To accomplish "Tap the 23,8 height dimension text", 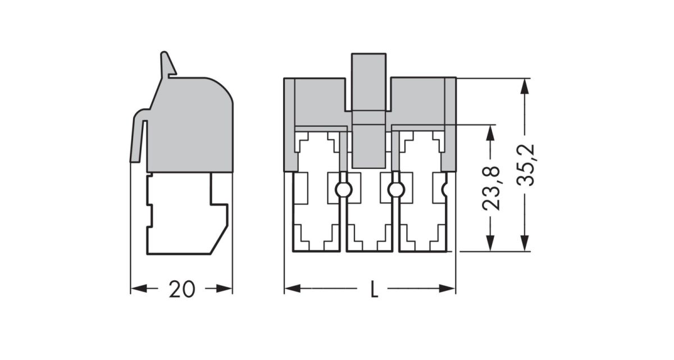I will pyautogui.click(x=491, y=188).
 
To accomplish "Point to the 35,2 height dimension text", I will pyautogui.click(x=526, y=165).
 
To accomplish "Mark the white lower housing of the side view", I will pyautogui.click(x=180, y=213).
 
